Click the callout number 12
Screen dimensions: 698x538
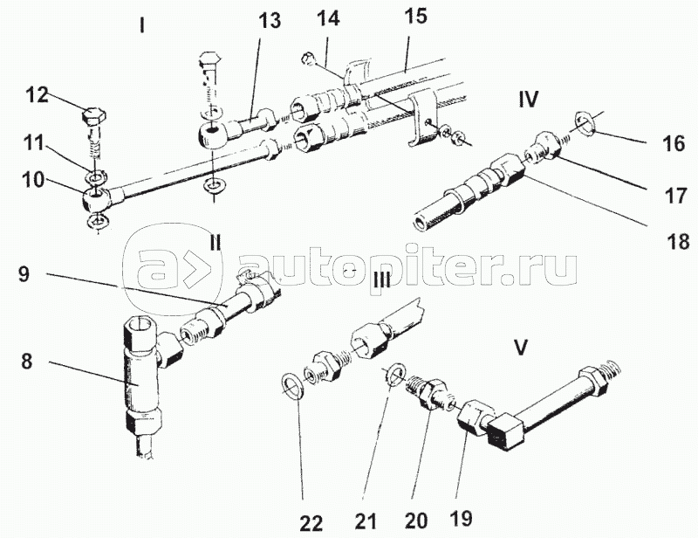[38, 95]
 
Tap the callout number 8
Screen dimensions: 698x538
[26, 361]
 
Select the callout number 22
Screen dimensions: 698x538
[311, 523]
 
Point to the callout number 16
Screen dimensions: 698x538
[674, 143]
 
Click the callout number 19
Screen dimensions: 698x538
[461, 518]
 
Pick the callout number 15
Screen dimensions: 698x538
[415, 16]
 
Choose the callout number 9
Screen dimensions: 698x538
[24, 273]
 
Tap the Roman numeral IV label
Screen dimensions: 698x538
[529, 99]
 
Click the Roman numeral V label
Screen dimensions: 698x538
[520, 348]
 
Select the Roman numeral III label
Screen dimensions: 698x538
[381, 282]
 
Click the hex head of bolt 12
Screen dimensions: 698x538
[94, 117]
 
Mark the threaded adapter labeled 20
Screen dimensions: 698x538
[431, 391]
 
